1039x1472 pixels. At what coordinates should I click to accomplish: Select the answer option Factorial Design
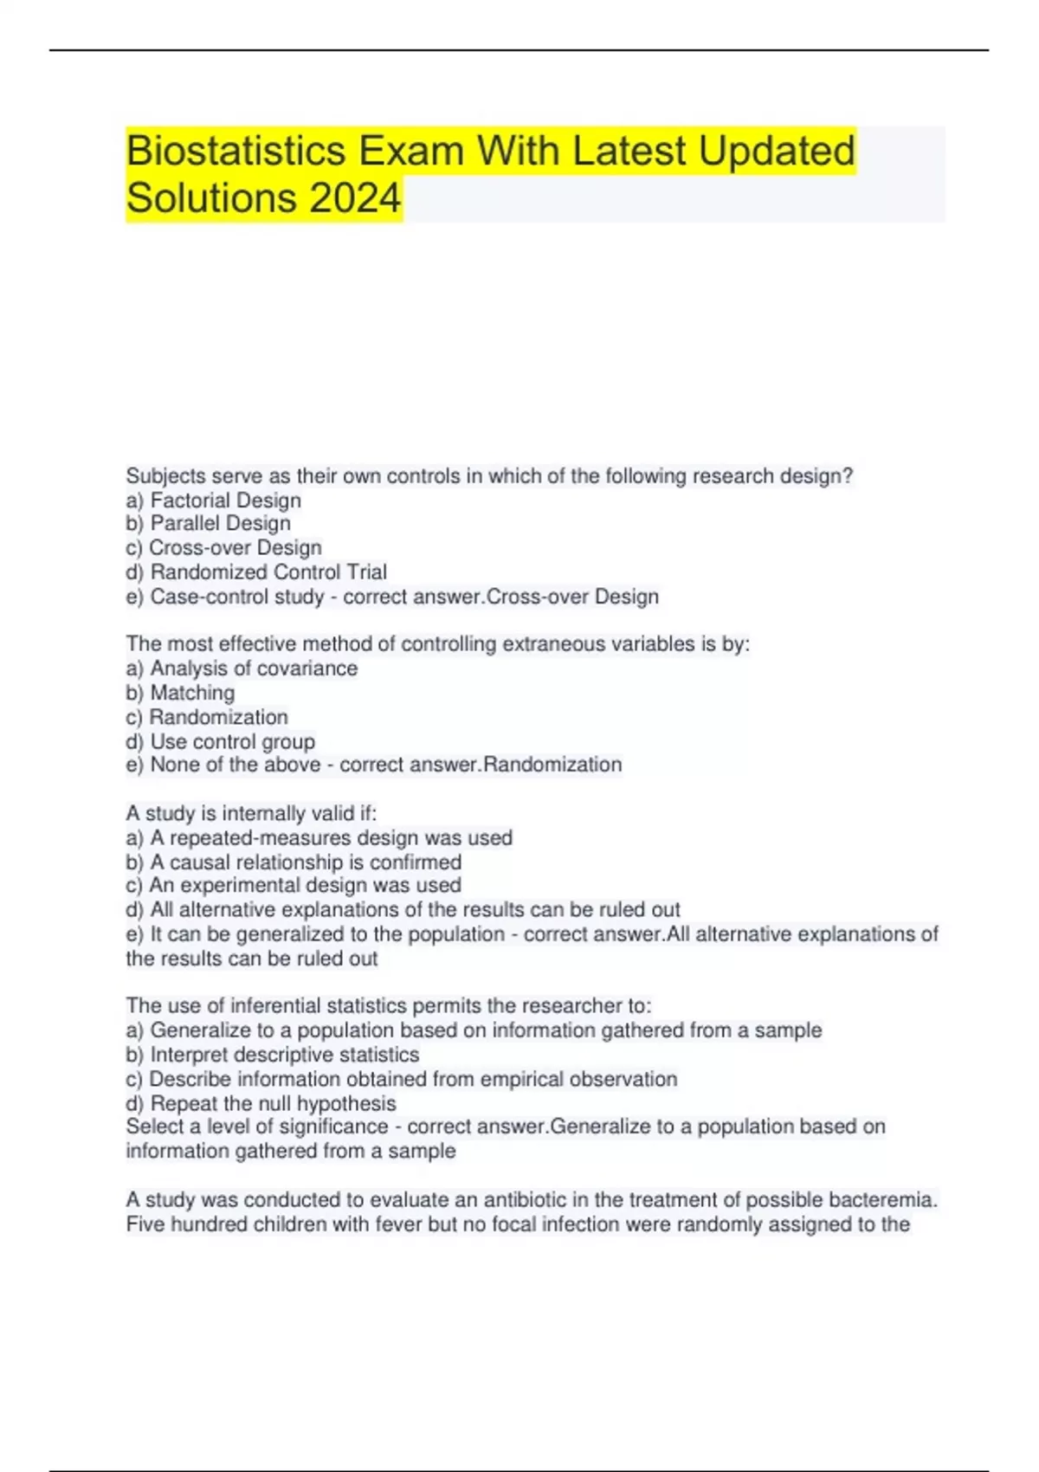tap(225, 500)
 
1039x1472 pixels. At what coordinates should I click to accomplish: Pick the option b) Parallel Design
tap(209, 524)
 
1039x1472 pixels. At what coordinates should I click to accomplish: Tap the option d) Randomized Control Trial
tap(256, 572)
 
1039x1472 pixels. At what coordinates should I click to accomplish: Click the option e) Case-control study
tap(225, 597)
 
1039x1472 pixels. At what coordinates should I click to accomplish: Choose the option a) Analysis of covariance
tap(242, 668)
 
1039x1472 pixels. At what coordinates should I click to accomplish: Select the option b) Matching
tap(180, 693)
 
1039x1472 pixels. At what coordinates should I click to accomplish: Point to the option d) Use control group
tap(221, 742)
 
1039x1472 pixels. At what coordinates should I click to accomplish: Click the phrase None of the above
tap(236, 765)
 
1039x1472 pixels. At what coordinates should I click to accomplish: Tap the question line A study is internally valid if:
tap(251, 814)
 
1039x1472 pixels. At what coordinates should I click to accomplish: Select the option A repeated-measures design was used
tap(331, 838)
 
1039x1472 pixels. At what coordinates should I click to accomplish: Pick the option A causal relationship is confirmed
tap(306, 862)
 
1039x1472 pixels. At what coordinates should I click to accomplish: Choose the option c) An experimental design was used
tap(294, 886)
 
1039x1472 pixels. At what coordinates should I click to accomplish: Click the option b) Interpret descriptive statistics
tap(273, 1055)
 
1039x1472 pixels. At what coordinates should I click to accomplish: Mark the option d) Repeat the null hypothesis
tap(261, 1104)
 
